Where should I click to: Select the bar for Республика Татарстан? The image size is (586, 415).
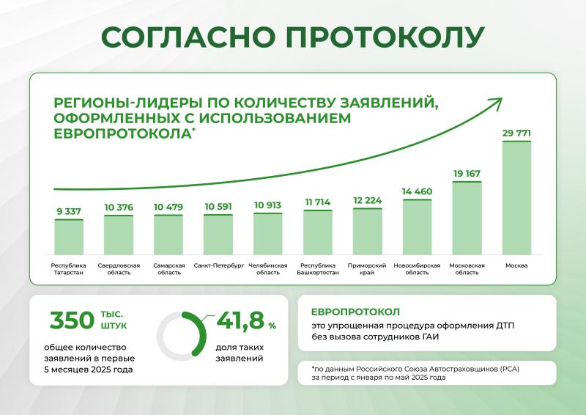[x=69, y=235]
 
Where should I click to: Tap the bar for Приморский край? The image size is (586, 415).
[x=368, y=230]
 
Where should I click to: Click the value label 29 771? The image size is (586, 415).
[x=516, y=133]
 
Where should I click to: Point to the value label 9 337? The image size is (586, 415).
[x=69, y=211]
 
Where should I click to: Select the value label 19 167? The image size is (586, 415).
[x=467, y=173]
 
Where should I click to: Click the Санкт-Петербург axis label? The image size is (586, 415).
[x=218, y=265]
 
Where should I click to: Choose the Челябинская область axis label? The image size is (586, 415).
[x=268, y=268]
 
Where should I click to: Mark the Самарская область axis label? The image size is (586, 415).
[x=168, y=268]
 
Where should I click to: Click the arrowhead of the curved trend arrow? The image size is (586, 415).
[x=496, y=103]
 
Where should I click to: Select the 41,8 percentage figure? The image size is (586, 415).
[x=238, y=320]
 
